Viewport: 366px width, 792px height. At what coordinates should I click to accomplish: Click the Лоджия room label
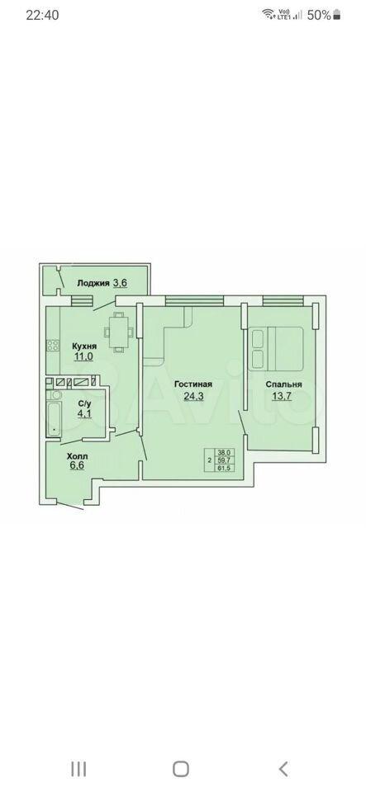coord(93,283)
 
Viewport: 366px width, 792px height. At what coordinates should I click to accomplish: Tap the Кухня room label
coord(84,346)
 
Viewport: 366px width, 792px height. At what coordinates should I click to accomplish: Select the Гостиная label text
coord(193,384)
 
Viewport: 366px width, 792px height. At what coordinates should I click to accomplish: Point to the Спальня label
coord(284,384)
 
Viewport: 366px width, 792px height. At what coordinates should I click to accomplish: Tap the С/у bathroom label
coord(83,403)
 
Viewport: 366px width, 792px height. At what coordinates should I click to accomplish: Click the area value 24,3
coord(193,395)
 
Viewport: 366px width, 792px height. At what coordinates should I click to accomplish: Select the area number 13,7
coord(284,395)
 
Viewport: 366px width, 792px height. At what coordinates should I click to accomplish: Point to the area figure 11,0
coord(83,357)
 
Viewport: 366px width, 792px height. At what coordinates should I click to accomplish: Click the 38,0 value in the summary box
coord(222,453)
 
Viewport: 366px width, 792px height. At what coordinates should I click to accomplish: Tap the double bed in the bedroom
coord(275,348)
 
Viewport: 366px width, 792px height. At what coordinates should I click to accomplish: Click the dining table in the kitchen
coord(119,332)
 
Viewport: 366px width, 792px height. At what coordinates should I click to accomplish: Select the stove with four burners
coord(53,346)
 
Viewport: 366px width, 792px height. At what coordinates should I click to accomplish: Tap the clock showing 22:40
coord(42,15)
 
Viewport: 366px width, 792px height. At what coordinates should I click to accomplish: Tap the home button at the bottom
coord(181,769)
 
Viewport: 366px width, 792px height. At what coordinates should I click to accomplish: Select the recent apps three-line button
coord(78,769)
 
